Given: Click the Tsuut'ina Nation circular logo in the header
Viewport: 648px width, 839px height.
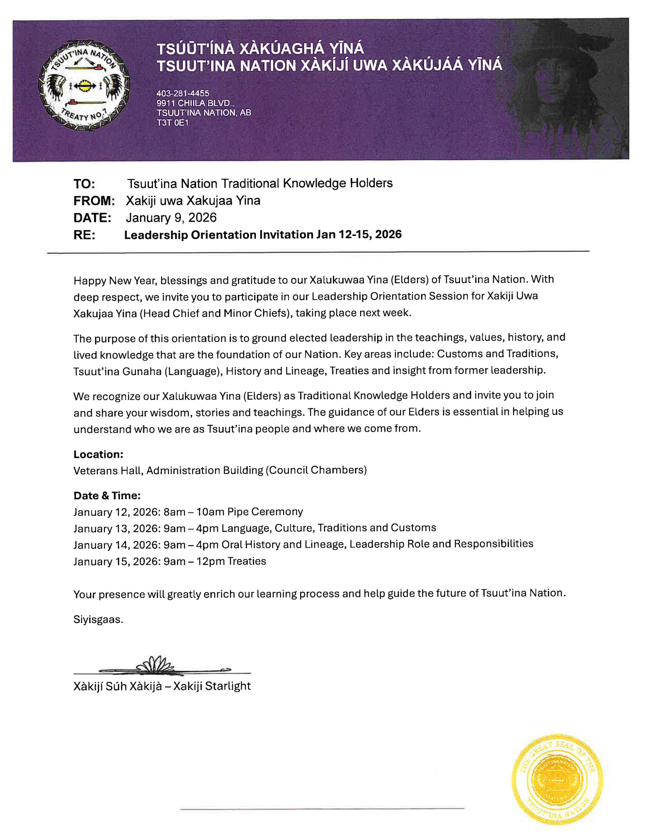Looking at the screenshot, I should tap(84, 85).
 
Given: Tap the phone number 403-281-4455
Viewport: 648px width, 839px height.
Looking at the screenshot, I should tap(182, 93).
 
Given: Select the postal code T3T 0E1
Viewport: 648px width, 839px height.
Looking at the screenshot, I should tap(172, 123).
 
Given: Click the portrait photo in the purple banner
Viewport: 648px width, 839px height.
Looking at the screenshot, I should tap(565, 88).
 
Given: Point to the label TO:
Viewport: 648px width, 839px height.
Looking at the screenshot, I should tap(84, 184).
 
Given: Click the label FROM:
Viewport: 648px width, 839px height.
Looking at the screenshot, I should tap(94, 201).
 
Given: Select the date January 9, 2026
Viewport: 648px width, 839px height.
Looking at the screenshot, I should tap(171, 218).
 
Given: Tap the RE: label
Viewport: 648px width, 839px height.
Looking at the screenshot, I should tap(84, 235).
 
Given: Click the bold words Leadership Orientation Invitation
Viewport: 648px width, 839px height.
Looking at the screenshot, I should tap(219, 235).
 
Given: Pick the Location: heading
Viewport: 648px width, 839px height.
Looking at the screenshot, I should tap(98, 455).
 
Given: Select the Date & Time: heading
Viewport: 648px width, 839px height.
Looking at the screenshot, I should tap(107, 496).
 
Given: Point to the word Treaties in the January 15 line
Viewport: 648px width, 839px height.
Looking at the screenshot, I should tap(246, 561).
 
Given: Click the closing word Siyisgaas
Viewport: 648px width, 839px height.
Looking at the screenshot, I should tap(98, 620).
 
